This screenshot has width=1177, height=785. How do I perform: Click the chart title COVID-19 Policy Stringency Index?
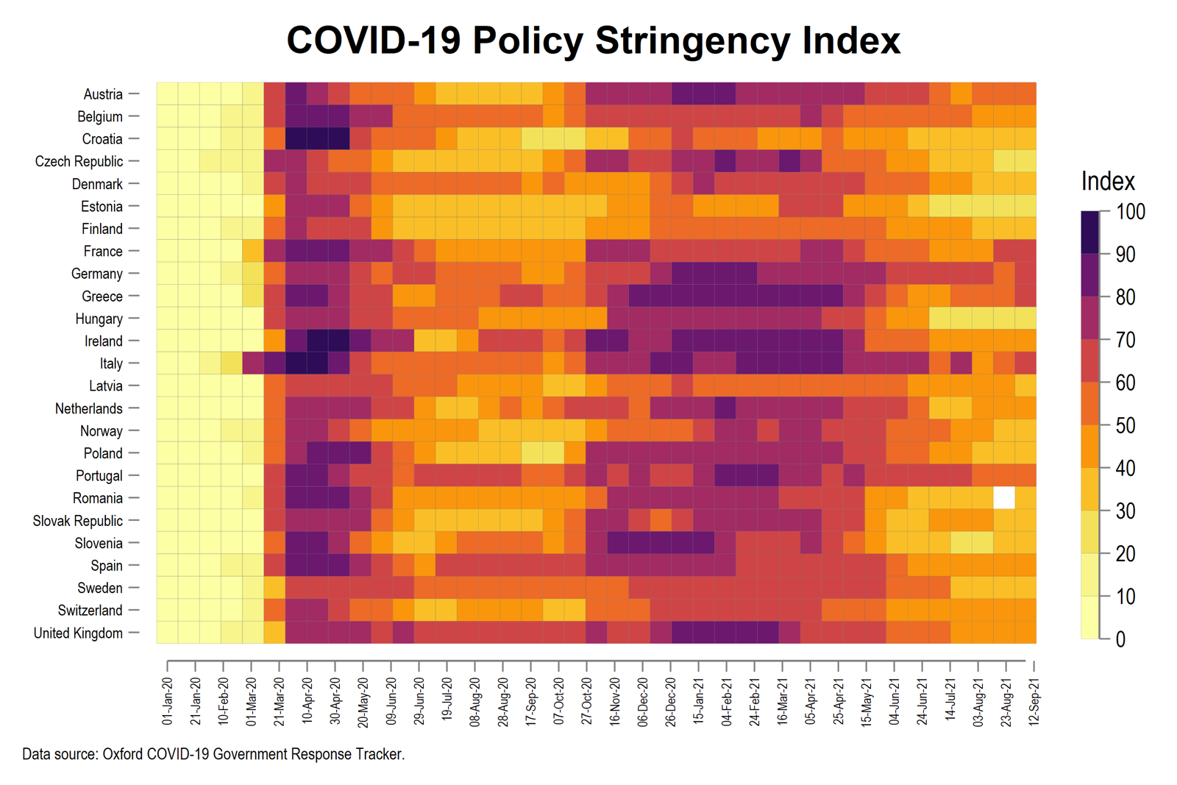(593, 40)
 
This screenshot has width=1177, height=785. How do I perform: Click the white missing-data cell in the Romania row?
(1003, 498)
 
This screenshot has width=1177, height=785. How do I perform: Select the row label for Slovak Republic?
(77, 521)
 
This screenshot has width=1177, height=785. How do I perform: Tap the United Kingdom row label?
(78, 633)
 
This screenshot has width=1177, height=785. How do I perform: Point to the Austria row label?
(103, 94)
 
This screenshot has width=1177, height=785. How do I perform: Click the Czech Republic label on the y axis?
(79, 162)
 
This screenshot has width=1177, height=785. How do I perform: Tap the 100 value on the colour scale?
(1131, 212)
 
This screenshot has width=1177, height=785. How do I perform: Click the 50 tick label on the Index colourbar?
(1126, 425)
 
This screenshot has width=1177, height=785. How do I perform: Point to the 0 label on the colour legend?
(1120, 639)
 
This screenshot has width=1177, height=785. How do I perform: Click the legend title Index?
(1108, 181)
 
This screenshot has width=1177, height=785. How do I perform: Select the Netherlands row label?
(88, 408)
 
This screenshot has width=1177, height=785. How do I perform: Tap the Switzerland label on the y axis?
(90, 611)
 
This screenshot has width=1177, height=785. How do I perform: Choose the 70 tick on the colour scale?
(1126, 340)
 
